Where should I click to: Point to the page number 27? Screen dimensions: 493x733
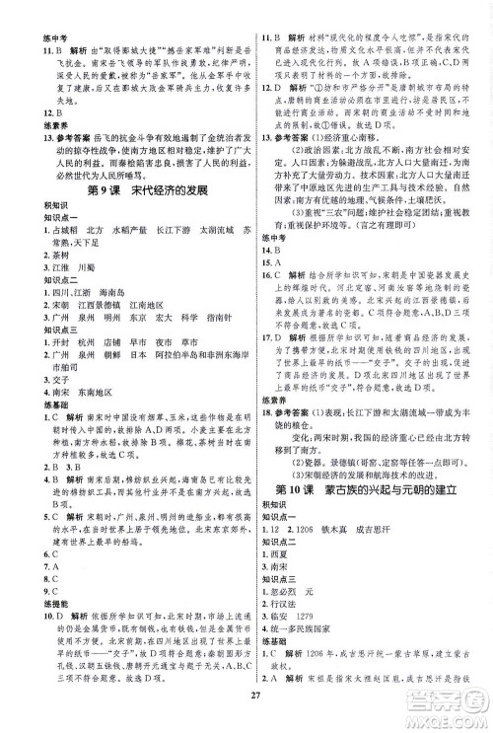pos(246,700)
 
